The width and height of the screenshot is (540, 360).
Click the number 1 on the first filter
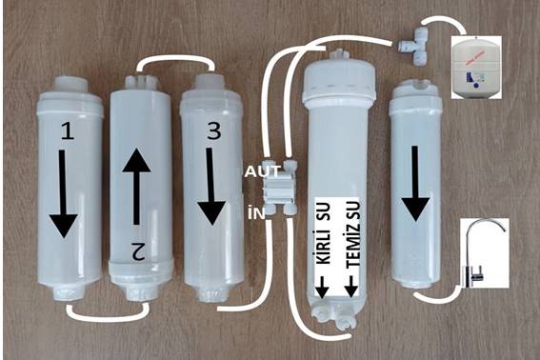[68, 131]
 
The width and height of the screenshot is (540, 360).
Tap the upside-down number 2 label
[138, 250]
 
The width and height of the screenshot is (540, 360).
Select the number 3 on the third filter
[214, 131]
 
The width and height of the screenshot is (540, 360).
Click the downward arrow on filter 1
[63, 193]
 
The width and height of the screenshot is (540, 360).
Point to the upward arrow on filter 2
[137, 187]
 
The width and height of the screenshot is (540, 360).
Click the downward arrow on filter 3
[211, 187]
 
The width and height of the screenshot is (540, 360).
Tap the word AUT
[263, 171]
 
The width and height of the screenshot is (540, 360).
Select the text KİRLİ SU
[323, 233]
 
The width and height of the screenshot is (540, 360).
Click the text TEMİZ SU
[353, 233]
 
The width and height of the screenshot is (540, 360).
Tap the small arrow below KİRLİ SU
[322, 287]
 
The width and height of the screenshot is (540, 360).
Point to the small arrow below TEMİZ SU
[351, 287]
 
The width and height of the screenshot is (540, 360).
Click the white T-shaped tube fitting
[416, 48]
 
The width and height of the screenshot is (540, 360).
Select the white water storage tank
[475, 68]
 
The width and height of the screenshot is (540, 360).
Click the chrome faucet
[483, 253]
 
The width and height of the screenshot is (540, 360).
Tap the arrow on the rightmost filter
[415, 183]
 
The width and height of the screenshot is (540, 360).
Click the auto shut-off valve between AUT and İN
[279, 188]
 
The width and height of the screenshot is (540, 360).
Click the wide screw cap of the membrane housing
[339, 83]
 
